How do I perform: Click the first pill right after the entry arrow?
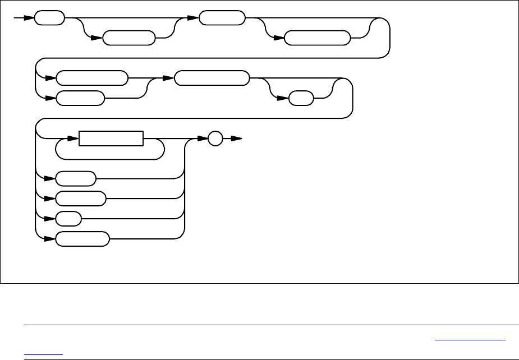tap(49, 18)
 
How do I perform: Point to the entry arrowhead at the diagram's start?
tap(30, 18)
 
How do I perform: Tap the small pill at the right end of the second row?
tap(302, 99)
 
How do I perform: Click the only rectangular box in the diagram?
tap(111, 139)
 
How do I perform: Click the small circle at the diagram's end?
tap(215, 139)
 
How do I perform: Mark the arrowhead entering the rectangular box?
tap(75, 139)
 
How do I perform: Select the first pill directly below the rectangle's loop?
tap(76, 179)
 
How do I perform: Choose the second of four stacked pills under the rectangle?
tap(81, 199)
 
